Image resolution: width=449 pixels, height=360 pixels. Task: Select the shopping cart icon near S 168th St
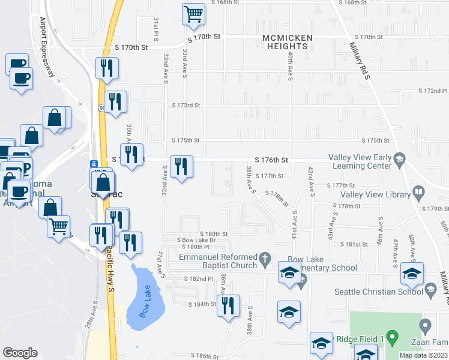pyautogui.click(x=193, y=15)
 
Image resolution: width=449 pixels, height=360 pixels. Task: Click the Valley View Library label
pyautogui.click(x=375, y=194)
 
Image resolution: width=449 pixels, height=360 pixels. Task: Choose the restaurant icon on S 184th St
pyautogui.click(x=228, y=306)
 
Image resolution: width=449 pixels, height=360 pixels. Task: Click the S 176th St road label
pyautogui.click(x=272, y=160)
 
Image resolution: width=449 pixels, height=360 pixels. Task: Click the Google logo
pyautogui.click(x=20, y=353)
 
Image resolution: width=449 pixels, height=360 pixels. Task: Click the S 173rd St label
pyautogui.click(x=185, y=105)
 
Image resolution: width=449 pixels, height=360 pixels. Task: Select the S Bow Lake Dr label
pyautogui.click(x=196, y=240)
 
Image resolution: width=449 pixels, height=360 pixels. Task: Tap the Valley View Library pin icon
pyautogui.click(x=419, y=194)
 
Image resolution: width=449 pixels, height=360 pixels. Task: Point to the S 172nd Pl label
pyautogui.click(x=433, y=91)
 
